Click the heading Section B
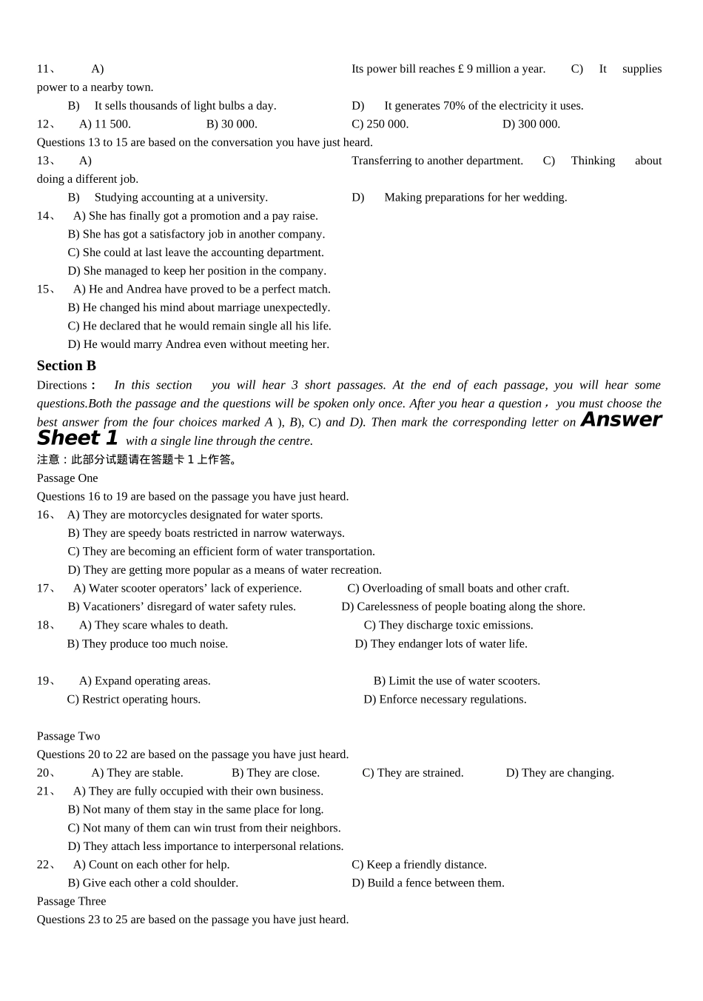click(x=67, y=366)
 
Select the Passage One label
click(x=67, y=478)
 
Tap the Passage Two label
click(x=68, y=736)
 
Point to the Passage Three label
click(x=71, y=901)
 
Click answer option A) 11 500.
click(x=104, y=124)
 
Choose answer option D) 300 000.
click(x=531, y=124)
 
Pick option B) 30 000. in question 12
click(x=232, y=124)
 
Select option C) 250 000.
click(x=380, y=124)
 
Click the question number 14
click(x=44, y=216)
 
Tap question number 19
click(x=44, y=681)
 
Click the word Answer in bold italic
click(x=621, y=420)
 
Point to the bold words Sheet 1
click(x=78, y=438)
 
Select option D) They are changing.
click(x=559, y=773)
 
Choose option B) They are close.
click(x=275, y=773)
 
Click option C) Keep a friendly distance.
click(x=419, y=865)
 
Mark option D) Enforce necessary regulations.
click(x=445, y=700)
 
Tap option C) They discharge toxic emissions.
click(x=448, y=626)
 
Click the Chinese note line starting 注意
click(x=138, y=460)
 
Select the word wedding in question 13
click(x=545, y=198)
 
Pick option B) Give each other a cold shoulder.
click(x=152, y=883)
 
